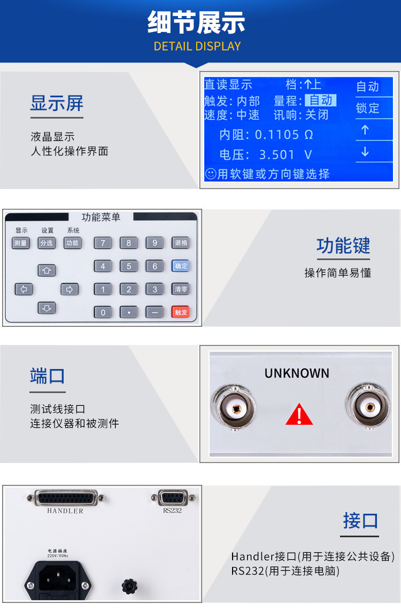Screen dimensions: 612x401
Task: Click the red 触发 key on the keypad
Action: (180, 312)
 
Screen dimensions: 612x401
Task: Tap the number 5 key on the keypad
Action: (128, 266)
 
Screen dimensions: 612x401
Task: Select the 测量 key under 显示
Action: (21, 243)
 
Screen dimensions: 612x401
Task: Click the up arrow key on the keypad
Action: (47, 270)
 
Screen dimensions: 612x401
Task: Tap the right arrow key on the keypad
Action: (70, 289)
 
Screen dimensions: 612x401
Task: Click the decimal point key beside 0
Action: (128, 312)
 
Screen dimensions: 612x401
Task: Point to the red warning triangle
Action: (299, 414)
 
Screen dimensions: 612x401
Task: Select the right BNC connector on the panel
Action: (367, 407)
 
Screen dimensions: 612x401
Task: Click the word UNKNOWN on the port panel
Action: (297, 373)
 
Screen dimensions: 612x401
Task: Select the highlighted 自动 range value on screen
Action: (320, 100)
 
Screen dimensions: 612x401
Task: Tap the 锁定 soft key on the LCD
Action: (368, 108)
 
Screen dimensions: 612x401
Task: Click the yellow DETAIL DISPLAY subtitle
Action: (197, 46)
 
